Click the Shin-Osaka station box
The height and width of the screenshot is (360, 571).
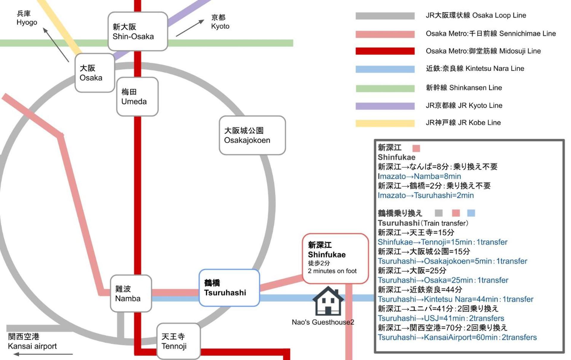click(x=138, y=31)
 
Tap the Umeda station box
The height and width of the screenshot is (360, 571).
click(x=137, y=96)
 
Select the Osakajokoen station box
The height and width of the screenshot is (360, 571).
click(x=252, y=135)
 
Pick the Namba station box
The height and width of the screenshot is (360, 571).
click(x=131, y=293)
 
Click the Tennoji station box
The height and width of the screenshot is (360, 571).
click(x=178, y=341)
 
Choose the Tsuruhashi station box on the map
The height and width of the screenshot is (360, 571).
click(x=229, y=288)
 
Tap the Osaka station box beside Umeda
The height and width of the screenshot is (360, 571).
click(x=95, y=73)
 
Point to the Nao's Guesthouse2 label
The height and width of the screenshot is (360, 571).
click(x=323, y=322)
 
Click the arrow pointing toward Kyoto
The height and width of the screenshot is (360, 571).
click(x=190, y=28)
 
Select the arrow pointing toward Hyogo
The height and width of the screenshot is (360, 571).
click(x=56, y=45)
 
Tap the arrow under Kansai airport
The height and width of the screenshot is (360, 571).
click(x=43, y=354)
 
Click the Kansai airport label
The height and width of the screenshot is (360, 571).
click(x=32, y=341)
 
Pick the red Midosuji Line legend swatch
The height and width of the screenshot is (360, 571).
click(x=385, y=51)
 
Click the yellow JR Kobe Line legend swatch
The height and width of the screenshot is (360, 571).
click(x=385, y=123)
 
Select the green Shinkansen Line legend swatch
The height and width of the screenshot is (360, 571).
click(x=385, y=88)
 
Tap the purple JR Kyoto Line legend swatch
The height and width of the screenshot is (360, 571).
click(x=385, y=106)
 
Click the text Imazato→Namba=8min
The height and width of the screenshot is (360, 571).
click(x=419, y=176)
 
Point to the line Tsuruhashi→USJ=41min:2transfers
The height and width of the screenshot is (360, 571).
click(x=441, y=318)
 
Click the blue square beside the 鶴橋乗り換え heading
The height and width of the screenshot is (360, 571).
click(x=471, y=213)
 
